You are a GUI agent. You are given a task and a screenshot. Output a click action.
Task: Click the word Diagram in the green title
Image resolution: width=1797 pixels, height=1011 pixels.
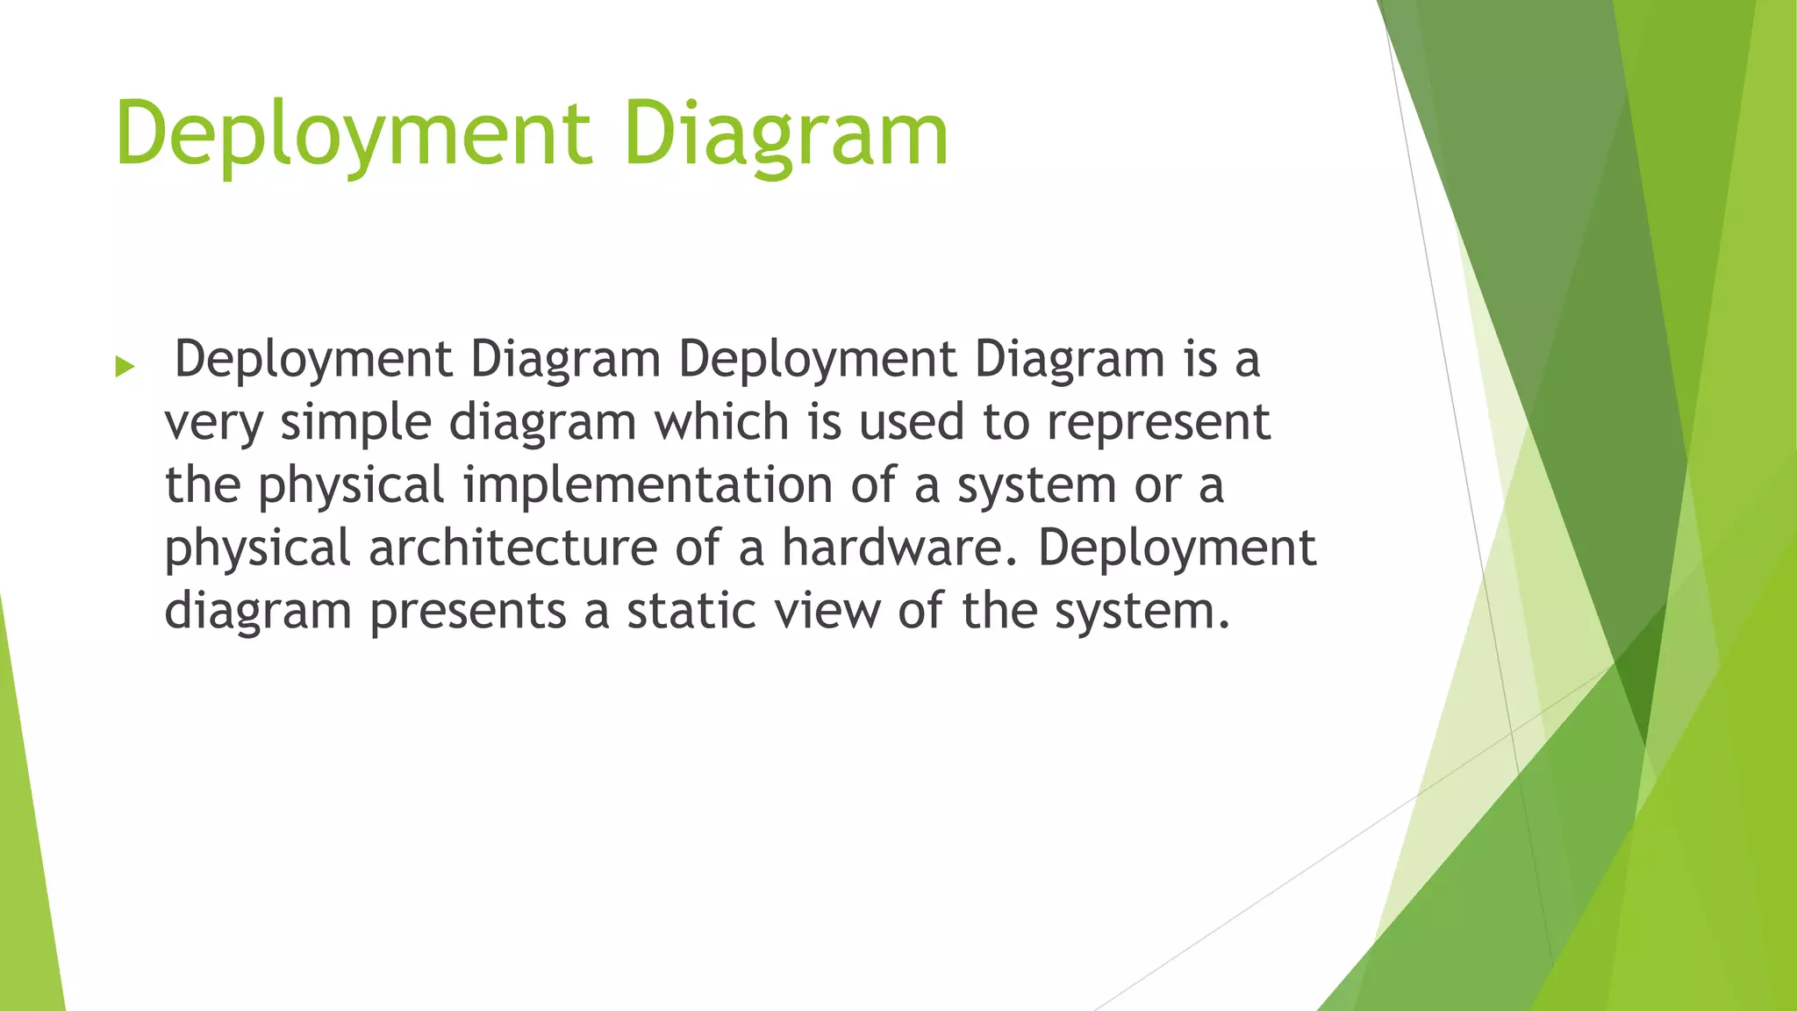(x=786, y=135)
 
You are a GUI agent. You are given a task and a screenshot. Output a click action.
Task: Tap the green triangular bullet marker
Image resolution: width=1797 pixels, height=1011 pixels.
(x=125, y=366)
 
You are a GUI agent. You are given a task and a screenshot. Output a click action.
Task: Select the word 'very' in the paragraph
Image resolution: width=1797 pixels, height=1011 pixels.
(x=213, y=423)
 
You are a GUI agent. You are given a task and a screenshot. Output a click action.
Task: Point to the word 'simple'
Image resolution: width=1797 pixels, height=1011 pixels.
(x=355, y=423)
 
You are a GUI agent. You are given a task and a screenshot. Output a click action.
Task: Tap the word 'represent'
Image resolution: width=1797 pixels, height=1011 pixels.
(x=1158, y=423)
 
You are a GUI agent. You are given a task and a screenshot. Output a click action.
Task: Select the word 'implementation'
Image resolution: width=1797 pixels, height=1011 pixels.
(x=648, y=485)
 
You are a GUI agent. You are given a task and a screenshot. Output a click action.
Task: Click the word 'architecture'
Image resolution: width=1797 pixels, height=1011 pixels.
(x=512, y=548)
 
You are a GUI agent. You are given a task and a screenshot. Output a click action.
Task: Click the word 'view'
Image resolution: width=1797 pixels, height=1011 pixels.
(x=827, y=610)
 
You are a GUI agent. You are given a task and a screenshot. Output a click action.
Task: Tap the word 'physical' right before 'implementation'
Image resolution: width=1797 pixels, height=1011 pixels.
(x=351, y=485)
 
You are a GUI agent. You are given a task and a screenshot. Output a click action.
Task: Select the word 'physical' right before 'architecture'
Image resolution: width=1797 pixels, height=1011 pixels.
(x=258, y=548)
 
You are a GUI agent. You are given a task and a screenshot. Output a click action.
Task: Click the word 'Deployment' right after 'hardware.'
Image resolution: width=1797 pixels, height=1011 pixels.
(x=1177, y=548)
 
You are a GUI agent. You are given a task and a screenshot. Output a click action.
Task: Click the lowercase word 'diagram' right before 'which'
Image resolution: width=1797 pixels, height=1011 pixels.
(x=542, y=423)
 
